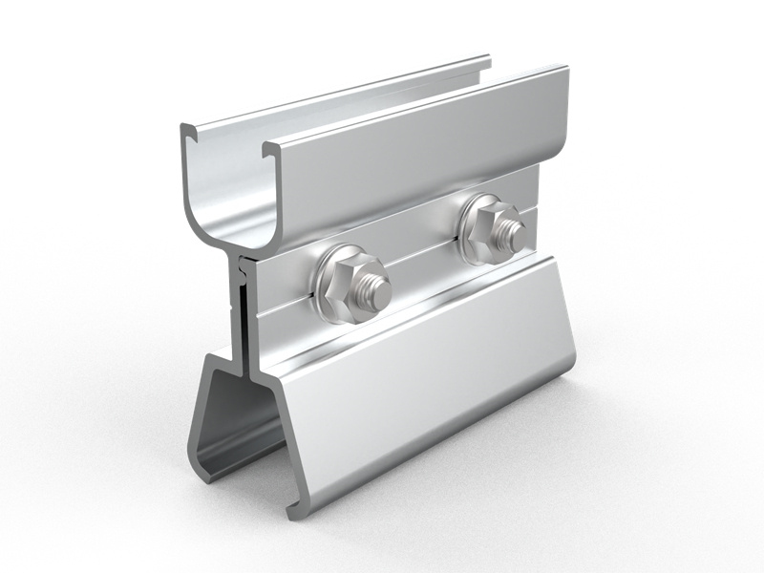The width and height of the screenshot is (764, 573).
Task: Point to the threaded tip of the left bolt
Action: coord(374,292)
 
